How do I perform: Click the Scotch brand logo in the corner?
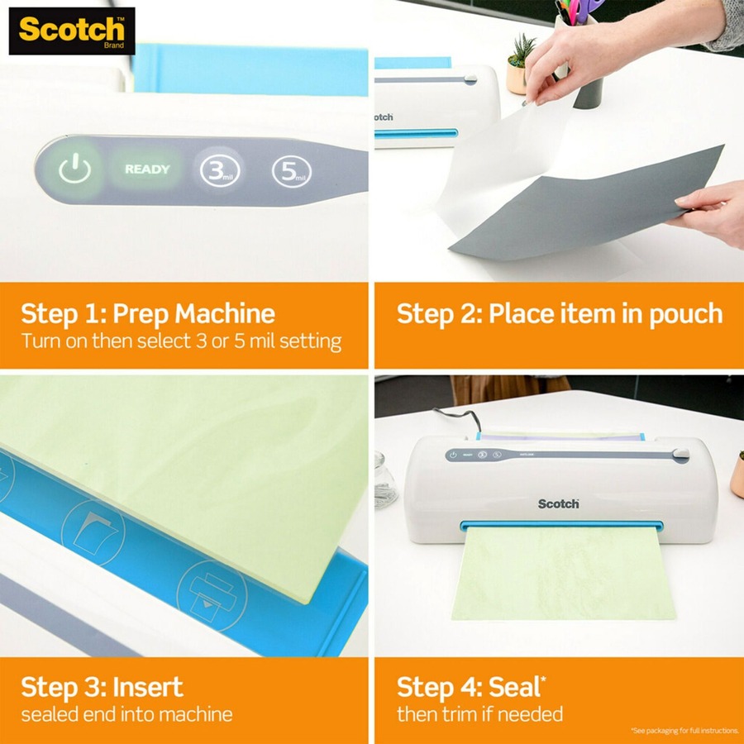(72, 31)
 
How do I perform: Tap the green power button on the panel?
(74, 169)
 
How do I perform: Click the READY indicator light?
(147, 169)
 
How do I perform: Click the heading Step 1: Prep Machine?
(148, 314)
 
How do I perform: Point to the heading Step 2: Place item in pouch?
(560, 314)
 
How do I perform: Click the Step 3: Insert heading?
(103, 687)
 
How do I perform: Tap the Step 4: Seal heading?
(472, 687)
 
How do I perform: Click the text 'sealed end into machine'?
(126, 714)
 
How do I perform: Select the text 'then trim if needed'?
(479, 714)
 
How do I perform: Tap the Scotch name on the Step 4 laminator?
(559, 503)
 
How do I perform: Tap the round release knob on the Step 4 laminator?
(680, 454)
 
